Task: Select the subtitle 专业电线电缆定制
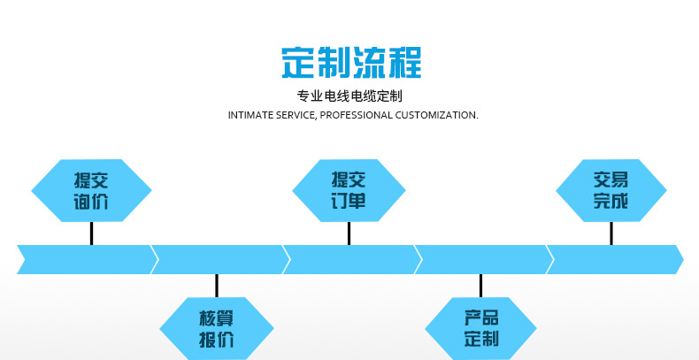[x=349, y=96]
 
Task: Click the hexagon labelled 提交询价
[x=91, y=190]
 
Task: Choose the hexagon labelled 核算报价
[x=217, y=328]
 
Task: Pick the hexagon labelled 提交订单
[x=349, y=190]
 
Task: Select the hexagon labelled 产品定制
[x=481, y=328]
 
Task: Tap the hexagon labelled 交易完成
[x=611, y=190]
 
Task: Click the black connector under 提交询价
[x=91, y=233]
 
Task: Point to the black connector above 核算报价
[x=217, y=286]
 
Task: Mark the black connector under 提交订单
[x=349, y=233]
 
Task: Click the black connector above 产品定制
[x=481, y=286]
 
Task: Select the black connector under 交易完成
[x=611, y=233]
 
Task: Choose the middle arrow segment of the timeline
[x=350, y=259]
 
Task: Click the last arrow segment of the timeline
[x=615, y=259]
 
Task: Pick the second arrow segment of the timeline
[x=219, y=259]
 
